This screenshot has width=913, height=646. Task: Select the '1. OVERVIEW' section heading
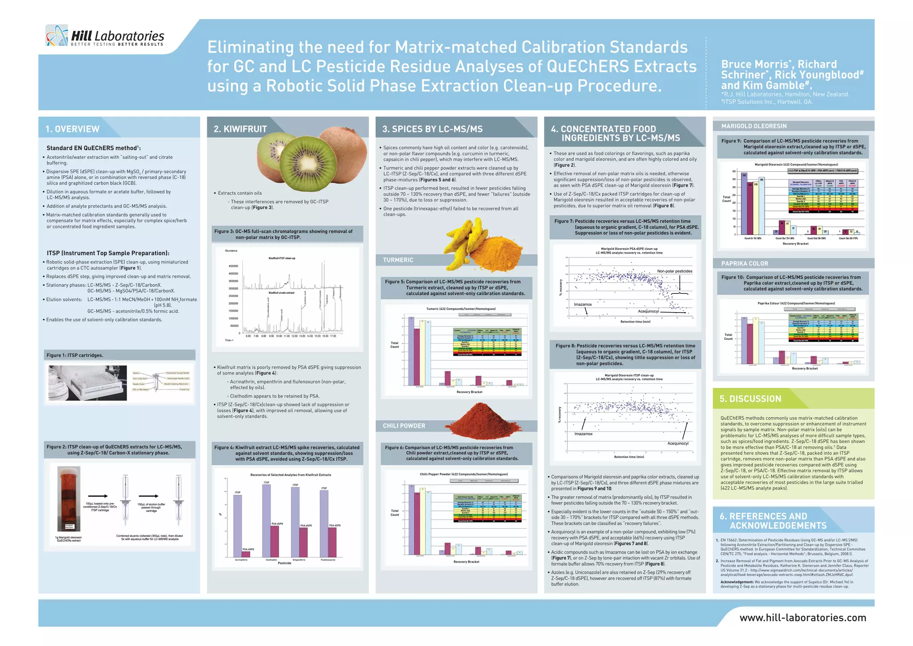72,129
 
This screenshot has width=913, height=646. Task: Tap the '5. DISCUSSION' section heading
750,399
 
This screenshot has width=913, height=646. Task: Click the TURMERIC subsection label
398,260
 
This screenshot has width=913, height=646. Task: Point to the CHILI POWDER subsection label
404,426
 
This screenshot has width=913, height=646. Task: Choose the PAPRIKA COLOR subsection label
744,263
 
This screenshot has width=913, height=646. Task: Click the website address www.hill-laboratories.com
803,617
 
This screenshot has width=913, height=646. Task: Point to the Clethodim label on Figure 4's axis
271,560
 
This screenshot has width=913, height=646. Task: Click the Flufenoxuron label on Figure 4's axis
328,560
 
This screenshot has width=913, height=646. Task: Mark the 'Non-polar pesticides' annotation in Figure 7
674,271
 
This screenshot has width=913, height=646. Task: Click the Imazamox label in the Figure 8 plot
583,434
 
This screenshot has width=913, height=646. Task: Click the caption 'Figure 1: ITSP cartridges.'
75,355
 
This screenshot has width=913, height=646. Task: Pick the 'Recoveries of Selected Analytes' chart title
291,475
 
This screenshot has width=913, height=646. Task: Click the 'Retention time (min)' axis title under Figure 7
635,321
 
